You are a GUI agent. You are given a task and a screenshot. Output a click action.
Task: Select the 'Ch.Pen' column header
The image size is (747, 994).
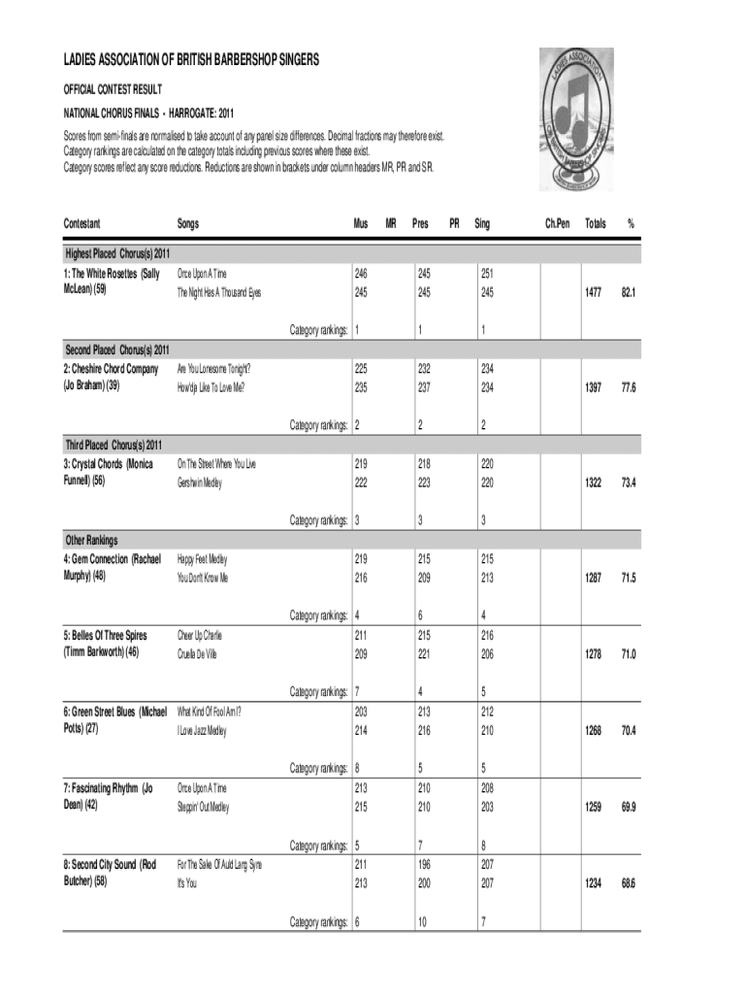click(x=557, y=223)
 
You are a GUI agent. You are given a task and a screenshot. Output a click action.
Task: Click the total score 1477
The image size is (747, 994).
click(x=593, y=293)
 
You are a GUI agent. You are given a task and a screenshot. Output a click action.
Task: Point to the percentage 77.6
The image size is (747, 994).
click(x=630, y=387)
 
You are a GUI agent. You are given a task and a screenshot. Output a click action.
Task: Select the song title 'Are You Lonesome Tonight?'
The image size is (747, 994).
click(x=213, y=369)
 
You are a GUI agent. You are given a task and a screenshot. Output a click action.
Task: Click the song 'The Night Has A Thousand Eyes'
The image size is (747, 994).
click(x=219, y=292)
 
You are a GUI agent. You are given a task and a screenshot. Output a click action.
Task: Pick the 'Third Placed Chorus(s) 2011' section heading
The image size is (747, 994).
click(x=114, y=445)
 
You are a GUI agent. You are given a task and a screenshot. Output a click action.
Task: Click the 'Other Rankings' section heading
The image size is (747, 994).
click(x=91, y=540)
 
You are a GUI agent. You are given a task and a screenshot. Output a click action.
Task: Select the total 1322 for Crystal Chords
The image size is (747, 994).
click(x=593, y=482)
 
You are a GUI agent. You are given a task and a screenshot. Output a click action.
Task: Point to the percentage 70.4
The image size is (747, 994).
click(x=630, y=730)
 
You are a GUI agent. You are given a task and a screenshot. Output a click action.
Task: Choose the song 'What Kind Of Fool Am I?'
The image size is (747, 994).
click(x=210, y=711)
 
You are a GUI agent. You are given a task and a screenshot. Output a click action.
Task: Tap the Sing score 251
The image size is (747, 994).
click(x=482, y=274)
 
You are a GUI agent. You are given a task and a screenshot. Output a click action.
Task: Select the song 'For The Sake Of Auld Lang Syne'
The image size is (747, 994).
click(x=219, y=864)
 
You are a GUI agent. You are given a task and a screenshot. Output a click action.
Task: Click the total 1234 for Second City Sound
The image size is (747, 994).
click(x=593, y=882)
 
